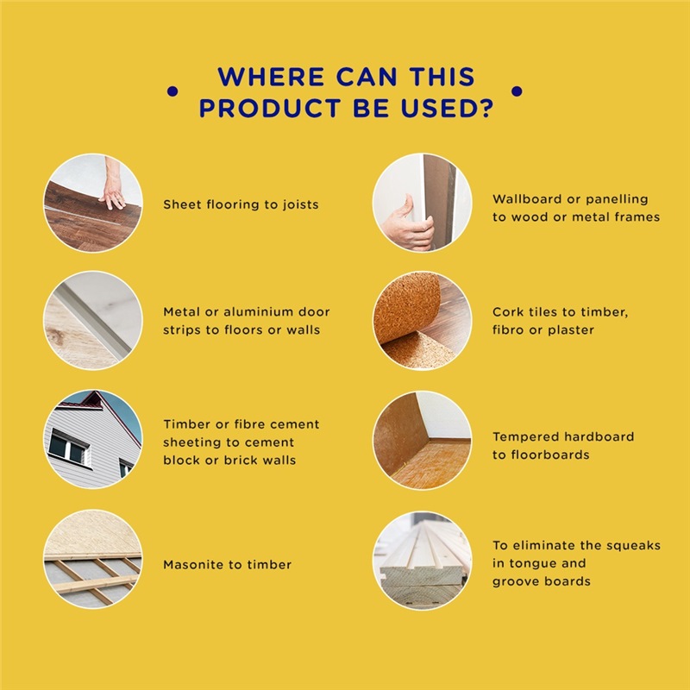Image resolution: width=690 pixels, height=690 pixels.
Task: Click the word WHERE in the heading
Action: (271, 77)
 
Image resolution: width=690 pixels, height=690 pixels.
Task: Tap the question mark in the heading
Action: (486, 108)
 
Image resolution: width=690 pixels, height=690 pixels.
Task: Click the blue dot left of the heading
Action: (172, 91)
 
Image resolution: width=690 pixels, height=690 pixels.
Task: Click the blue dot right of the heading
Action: (517, 91)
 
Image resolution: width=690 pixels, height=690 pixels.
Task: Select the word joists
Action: (298, 204)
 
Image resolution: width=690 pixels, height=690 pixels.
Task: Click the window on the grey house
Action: (68, 447)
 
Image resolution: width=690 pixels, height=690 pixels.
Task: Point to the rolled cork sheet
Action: (407, 307)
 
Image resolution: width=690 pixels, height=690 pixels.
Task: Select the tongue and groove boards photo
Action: (422, 560)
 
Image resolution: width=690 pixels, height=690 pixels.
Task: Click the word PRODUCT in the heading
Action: (270, 108)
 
